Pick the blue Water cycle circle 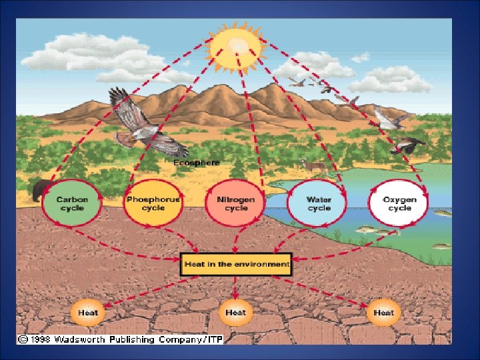(319, 203)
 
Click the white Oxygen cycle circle (399, 203)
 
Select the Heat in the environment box (237, 265)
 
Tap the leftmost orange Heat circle (88, 312)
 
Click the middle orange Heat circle (235, 312)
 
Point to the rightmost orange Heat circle (383, 312)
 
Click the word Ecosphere (196, 162)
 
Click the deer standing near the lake (307, 164)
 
